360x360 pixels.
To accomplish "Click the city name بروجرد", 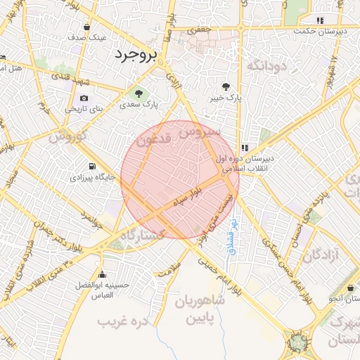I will coord(138,54).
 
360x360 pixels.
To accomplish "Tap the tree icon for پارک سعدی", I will coord(139,93).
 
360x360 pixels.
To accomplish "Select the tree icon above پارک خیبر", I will coord(225,87).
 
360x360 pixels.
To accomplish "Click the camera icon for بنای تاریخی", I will coord(84,98).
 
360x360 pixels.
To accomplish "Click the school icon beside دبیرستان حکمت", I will coord(321,20).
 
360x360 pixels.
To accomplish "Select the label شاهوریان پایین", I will coord(199,310).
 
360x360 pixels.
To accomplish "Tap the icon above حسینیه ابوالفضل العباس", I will coord(103,274).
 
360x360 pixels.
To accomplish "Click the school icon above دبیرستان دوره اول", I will coord(245,148).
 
